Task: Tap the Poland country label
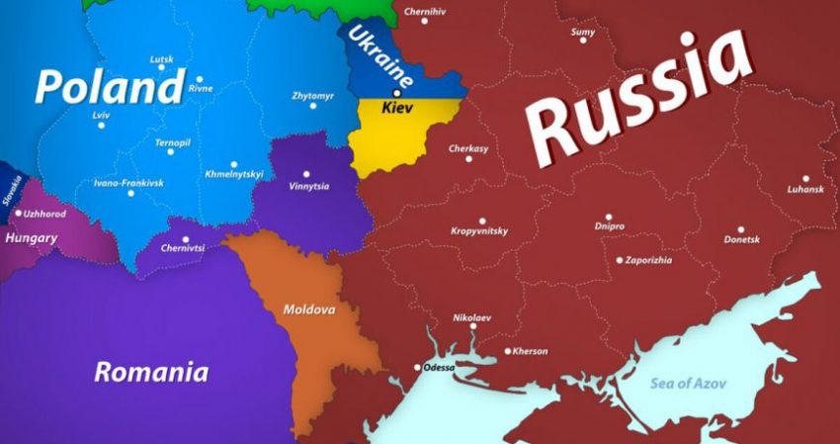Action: point(109,87)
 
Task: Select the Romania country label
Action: point(151,373)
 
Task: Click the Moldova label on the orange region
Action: point(309,310)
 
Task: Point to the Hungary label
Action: point(31,238)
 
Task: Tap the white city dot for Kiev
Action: point(397,92)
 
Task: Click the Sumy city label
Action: point(583,32)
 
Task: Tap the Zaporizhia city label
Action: point(649,260)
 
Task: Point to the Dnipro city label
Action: point(610,226)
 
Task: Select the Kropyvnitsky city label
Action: point(479,231)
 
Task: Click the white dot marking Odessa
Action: point(417,368)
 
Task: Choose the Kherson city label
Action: point(530,351)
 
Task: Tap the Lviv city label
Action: point(101,115)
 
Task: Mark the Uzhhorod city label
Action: point(45,213)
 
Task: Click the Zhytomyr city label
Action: point(312,96)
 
